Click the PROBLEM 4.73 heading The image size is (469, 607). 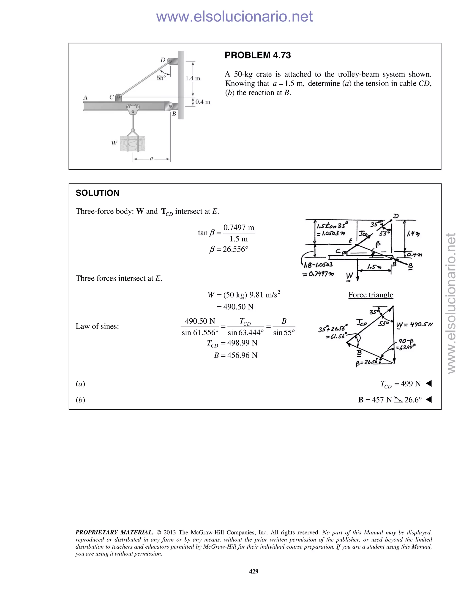pos(258,55)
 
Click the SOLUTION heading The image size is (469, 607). pos(97,193)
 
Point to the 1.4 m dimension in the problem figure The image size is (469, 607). pos(193,78)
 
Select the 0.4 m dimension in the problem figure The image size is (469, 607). pos(202,102)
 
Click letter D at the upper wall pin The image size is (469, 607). pos(163,60)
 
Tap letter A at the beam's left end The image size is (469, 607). pos(85,98)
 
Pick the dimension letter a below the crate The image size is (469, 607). pos(151,159)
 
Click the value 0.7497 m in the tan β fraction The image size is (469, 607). pos(239,228)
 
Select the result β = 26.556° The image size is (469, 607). pos(229,249)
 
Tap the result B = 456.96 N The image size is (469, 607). pos(236,355)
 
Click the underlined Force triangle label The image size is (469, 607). pos(371,295)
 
